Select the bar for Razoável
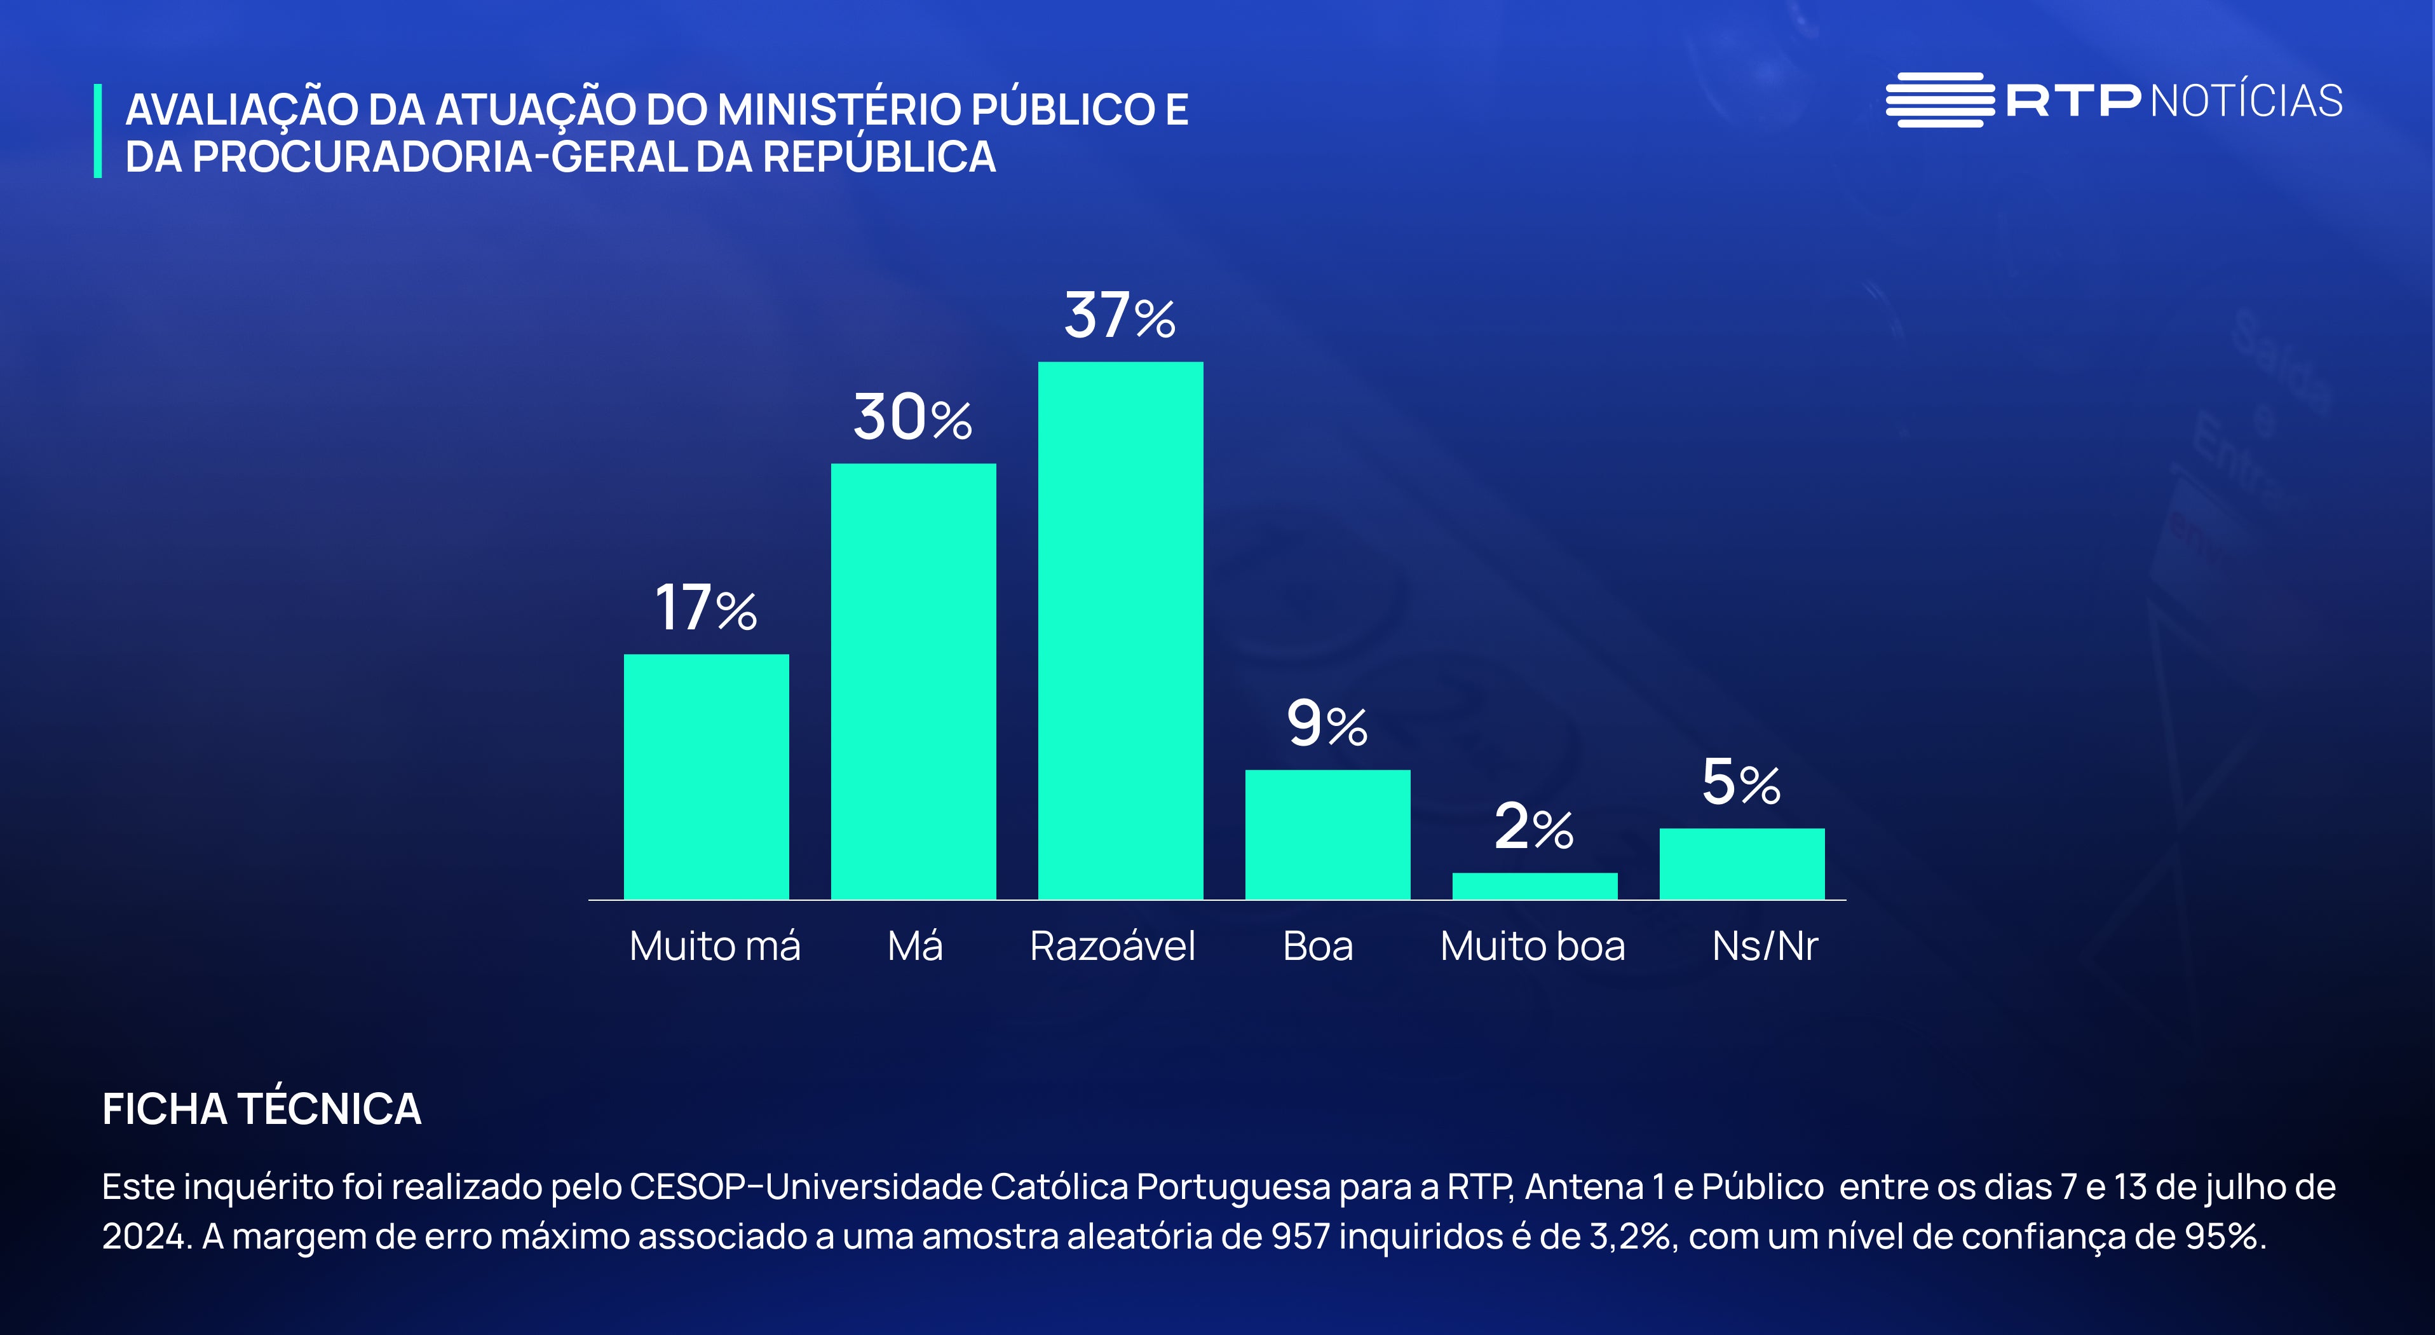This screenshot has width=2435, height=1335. pyautogui.click(x=1120, y=630)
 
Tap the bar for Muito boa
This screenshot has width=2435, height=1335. pyautogui.click(x=1534, y=886)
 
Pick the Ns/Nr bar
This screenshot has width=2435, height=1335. pyautogui.click(x=1741, y=863)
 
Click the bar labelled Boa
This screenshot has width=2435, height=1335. pyautogui.click(x=1327, y=834)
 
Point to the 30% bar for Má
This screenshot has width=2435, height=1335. pyautogui.click(x=913, y=681)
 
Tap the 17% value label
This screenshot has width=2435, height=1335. pyautogui.click(x=706, y=607)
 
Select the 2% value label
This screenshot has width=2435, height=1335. pyautogui.click(x=1533, y=827)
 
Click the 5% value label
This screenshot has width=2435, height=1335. pyautogui.click(x=1741, y=783)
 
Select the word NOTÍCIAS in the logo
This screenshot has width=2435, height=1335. pyautogui.click(x=2246, y=101)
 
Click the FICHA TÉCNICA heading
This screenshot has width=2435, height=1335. pyautogui.click(x=262, y=1109)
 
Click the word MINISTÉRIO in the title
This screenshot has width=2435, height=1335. pyautogui.click(x=839, y=110)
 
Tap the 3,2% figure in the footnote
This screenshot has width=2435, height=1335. pyautogui.click(x=1629, y=1236)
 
